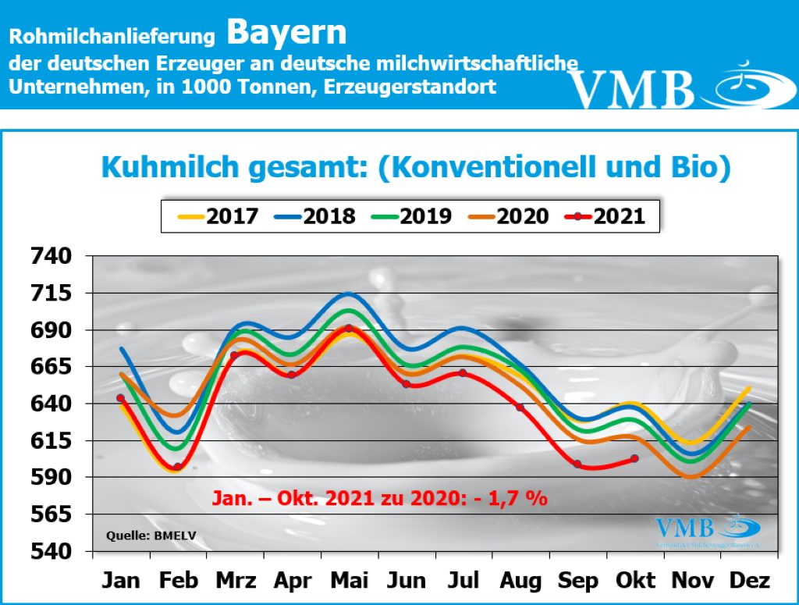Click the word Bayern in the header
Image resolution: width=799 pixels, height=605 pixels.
(x=286, y=32)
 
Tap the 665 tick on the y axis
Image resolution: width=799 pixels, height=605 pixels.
(x=51, y=366)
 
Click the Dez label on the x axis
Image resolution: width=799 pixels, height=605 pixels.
(x=750, y=581)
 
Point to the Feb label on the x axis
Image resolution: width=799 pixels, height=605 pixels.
(x=178, y=581)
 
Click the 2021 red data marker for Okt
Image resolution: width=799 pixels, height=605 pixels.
(x=634, y=458)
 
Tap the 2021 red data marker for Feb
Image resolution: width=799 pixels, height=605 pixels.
(x=178, y=467)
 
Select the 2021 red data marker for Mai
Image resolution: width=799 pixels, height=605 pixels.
(x=349, y=329)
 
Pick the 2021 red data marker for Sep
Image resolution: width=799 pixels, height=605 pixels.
(x=577, y=464)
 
